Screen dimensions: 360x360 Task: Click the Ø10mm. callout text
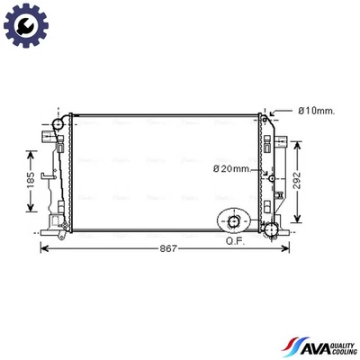pyautogui.click(x=316, y=111)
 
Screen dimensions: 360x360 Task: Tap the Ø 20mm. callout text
pyautogui.click(x=230, y=168)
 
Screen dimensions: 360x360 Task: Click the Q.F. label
pyautogui.click(x=236, y=240)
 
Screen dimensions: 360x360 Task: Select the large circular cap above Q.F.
pyautogui.click(x=236, y=221)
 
